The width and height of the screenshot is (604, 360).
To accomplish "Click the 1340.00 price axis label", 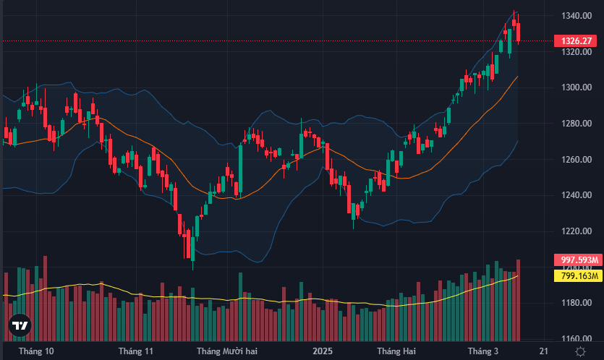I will [576, 16].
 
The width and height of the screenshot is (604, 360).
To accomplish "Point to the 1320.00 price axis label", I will [576, 52].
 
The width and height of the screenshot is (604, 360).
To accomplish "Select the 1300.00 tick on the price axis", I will [576, 87].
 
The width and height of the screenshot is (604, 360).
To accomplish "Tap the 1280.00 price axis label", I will [576, 124].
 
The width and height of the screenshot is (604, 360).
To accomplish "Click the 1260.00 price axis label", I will [576, 160].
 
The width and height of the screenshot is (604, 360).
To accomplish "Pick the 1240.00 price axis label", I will [576, 195].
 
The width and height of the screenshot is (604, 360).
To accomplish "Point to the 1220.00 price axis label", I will [576, 231].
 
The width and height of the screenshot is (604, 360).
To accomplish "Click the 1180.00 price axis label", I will [576, 303].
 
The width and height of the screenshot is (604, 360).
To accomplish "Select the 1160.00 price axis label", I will [576, 339].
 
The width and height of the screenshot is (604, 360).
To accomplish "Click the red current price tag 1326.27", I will [576, 41].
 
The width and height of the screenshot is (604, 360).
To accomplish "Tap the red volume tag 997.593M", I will [577, 260].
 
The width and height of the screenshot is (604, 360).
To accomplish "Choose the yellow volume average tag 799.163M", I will [577, 275].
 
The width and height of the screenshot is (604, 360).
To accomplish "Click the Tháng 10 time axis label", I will [36, 351].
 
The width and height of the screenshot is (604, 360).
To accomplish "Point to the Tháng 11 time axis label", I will [136, 351].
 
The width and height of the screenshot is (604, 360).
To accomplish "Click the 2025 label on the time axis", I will [322, 351].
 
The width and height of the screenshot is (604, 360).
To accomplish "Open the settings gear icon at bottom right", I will [580, 351].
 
